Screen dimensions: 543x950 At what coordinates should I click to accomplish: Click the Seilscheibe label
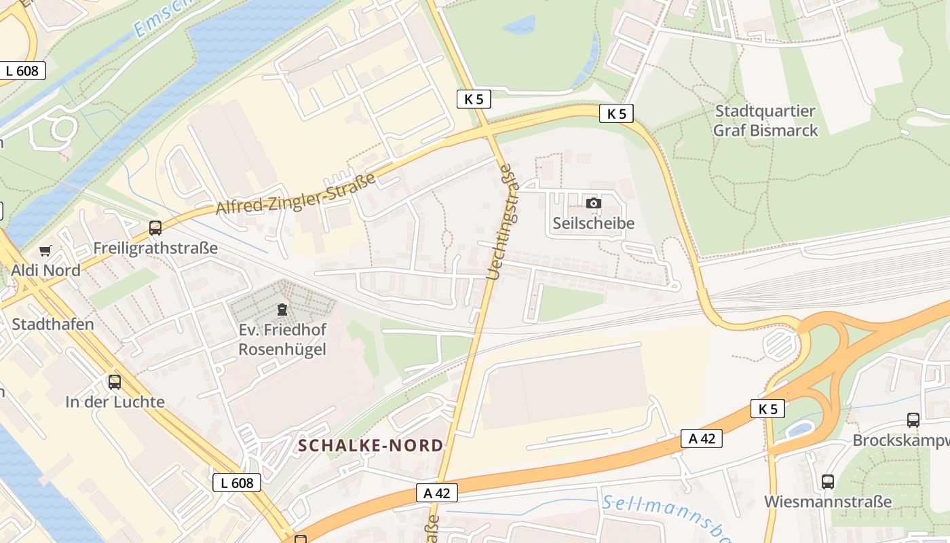[593, 223]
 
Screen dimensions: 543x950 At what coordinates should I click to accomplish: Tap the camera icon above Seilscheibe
[593, 203]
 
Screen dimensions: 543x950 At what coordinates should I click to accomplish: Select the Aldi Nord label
[45, 270]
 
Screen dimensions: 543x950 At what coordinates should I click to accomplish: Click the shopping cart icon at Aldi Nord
[45, 251]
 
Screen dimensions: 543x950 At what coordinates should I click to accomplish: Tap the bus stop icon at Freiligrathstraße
[155, 228]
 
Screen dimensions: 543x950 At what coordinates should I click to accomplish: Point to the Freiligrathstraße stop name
[155, 248]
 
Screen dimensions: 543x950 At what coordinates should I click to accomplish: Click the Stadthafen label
[53, 324]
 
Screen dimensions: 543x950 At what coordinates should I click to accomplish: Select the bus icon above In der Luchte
[115, 382]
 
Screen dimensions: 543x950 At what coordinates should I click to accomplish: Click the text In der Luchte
[115, 402]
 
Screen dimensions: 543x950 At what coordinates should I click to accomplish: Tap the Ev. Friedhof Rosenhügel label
[282, 339]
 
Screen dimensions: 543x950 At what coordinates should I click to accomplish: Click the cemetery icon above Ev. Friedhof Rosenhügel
[282, 310]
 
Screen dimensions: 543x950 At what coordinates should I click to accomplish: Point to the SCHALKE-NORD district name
[370, 445]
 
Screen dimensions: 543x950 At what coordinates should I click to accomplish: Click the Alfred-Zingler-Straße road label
[296, 195]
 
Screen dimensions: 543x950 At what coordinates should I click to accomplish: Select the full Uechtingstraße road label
[506, 223]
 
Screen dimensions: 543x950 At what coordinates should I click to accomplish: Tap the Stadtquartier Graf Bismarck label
[765, 120]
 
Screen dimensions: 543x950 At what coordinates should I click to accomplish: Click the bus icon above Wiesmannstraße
[828, 482]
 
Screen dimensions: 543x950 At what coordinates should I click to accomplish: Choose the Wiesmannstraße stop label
[828, 502]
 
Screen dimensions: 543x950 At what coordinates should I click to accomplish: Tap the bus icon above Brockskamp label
[913, 420]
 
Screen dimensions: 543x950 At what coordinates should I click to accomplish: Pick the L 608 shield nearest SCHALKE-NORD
[237, 483]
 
